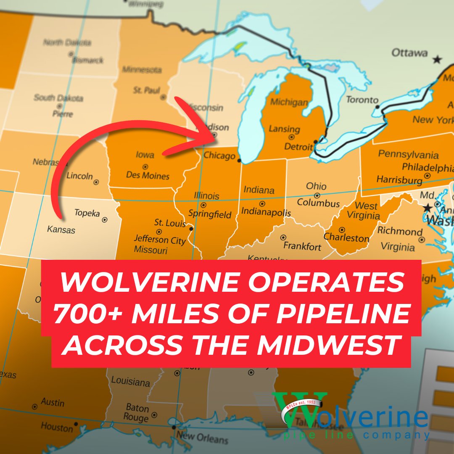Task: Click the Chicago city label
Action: click(x=219, y=156)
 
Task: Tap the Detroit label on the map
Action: click(x=298, y=147)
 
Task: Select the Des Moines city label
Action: click(x=148, y=175)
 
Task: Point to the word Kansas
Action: click(x=61, y=230)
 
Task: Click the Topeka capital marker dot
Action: click(x=105, y=219)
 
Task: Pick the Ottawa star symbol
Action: click(x=437, y=59)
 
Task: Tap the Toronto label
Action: click(x=362, y=100)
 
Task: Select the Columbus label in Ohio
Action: click(x=318, y=203)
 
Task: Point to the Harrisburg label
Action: click(x=399, y=179)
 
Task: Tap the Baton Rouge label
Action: click(x=136, y=413)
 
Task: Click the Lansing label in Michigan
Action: click(x=285, y=129)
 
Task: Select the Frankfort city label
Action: click(x=302, y=246)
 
